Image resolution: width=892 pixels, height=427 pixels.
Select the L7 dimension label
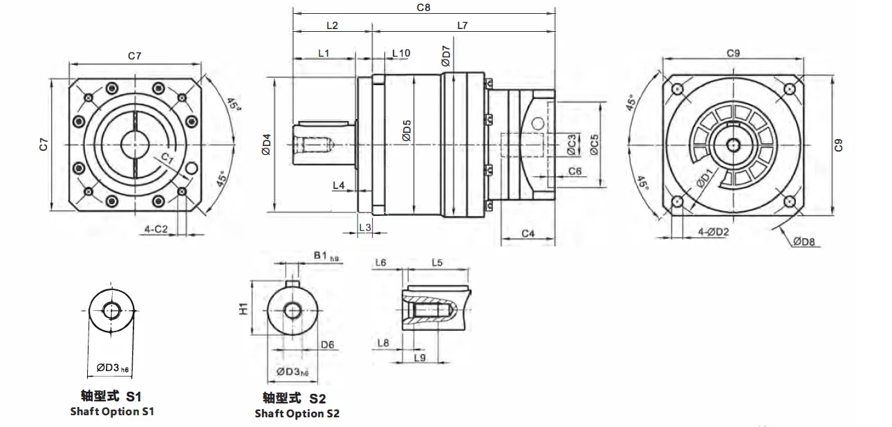[462, 26]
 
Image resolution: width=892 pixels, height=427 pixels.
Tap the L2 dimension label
[331, 26]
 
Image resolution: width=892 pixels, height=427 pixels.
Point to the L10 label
[401, 53]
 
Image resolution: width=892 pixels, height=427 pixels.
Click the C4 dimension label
[528, 234]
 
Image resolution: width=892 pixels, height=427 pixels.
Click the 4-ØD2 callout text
[713, 232]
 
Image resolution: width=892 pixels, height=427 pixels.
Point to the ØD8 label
[804, 242]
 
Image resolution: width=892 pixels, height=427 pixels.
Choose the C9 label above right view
[734, 53]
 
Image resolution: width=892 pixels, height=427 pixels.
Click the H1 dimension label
[243, 309]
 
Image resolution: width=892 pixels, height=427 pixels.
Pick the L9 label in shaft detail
[419, 357]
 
